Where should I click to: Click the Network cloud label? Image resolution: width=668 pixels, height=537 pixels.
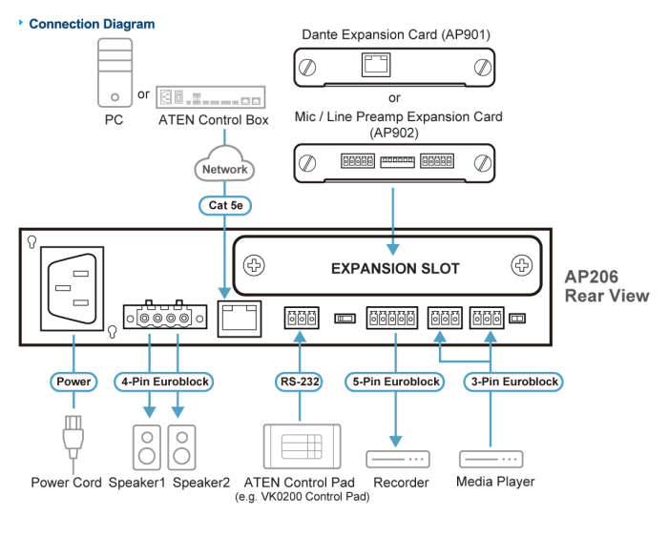pos(224,169)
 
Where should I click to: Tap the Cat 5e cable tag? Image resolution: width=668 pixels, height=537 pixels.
pos(224,205)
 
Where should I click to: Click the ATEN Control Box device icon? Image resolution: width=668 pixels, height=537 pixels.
pos(210,97)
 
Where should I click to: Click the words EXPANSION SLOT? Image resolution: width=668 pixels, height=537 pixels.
pos(394,268)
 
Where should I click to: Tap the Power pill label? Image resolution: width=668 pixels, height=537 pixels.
pos(73,382)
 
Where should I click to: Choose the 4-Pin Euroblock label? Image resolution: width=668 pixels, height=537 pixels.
pos(163,382)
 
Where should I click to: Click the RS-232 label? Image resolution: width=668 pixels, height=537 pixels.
pos(299,382)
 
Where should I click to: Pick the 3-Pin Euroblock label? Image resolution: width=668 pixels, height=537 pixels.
pos(515,382)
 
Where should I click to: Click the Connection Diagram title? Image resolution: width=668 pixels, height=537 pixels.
pos(92,24)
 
